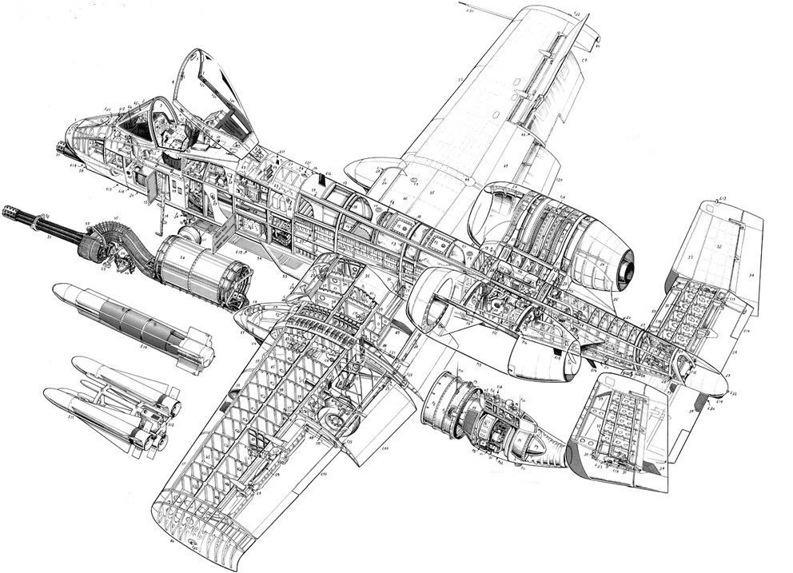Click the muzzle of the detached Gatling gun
6,209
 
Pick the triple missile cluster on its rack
112,404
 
